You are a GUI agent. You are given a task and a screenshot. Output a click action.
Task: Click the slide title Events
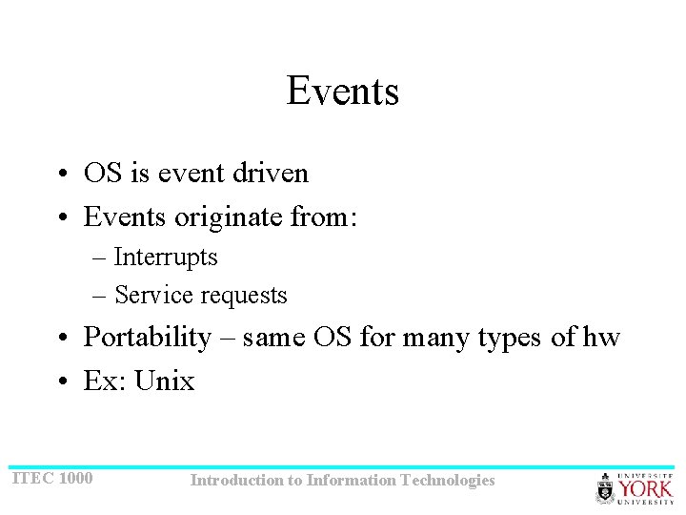(x=342, y=92)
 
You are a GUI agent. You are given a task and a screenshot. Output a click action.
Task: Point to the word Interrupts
(x=166, y=257)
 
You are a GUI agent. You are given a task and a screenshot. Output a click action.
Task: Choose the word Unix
(x=165, y=381)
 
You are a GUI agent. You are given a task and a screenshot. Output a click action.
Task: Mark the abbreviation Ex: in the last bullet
(x=106, y=381)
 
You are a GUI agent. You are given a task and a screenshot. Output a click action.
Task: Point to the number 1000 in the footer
(x=76, y=478)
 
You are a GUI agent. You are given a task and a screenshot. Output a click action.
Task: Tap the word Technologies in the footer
(x=448, y=481)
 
